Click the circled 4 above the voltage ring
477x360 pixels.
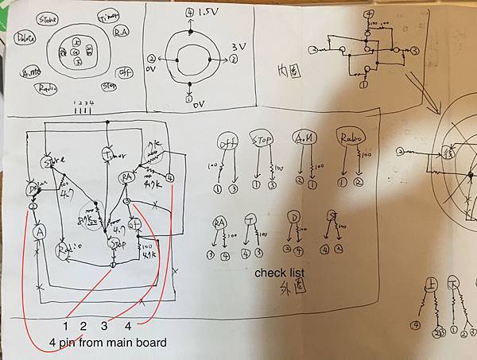coord(189,13)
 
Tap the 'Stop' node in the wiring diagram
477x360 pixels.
coord(116,242)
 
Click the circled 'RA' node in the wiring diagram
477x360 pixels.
coord(126,177)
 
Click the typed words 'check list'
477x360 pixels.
coord(280,273)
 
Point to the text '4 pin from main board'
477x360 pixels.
coord(107,343)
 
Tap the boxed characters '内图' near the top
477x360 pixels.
coord(289,70)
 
